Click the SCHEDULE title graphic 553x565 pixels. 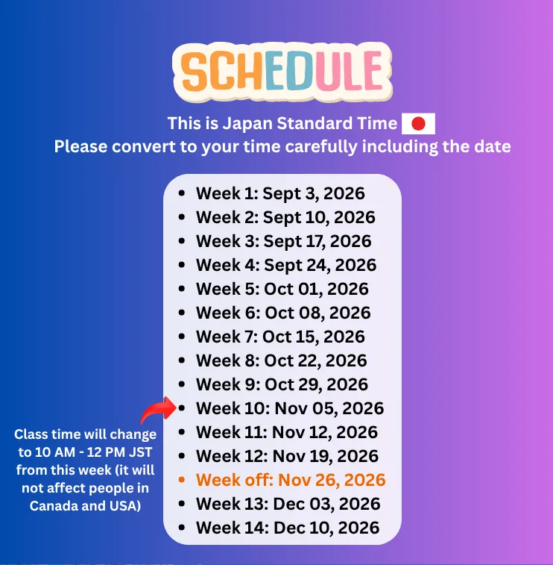[282, 72]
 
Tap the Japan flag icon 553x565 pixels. [418, 124]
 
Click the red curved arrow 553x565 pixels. [158, 410]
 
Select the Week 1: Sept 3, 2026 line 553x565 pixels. [280, 193]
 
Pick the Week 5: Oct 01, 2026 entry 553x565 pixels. [282, 289]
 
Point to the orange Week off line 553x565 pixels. [291, 480]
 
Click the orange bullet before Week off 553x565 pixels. [182, 480]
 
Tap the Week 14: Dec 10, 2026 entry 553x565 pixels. [288, 528]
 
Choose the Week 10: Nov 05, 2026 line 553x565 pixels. [290, 408]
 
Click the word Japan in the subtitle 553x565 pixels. [247, 124]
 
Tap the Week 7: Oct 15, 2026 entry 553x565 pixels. [280, 337]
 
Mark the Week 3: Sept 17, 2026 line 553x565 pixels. [283, 241]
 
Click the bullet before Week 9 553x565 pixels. [182, 384]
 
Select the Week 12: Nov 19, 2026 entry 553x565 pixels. [287, 456]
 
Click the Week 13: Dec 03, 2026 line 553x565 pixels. [288, 504]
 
